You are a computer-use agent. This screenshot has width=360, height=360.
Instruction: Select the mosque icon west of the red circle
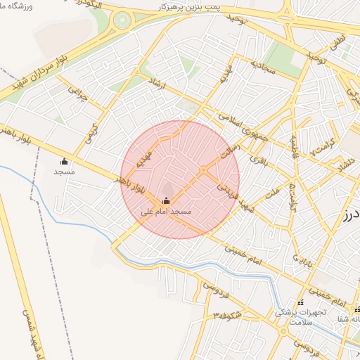[x=65, y=161]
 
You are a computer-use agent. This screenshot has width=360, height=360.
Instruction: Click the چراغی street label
[x=78, y=92]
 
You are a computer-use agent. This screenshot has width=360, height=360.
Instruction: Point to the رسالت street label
[x=229, y=153]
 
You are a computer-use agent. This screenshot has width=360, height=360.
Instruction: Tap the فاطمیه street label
[x=289, y=148]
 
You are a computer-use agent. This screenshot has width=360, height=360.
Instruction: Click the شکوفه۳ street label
[x=228, y=314]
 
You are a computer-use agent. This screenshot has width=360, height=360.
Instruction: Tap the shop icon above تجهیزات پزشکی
[x=301, y=302]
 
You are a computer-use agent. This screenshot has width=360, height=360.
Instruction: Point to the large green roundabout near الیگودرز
[x=123, y=20]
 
